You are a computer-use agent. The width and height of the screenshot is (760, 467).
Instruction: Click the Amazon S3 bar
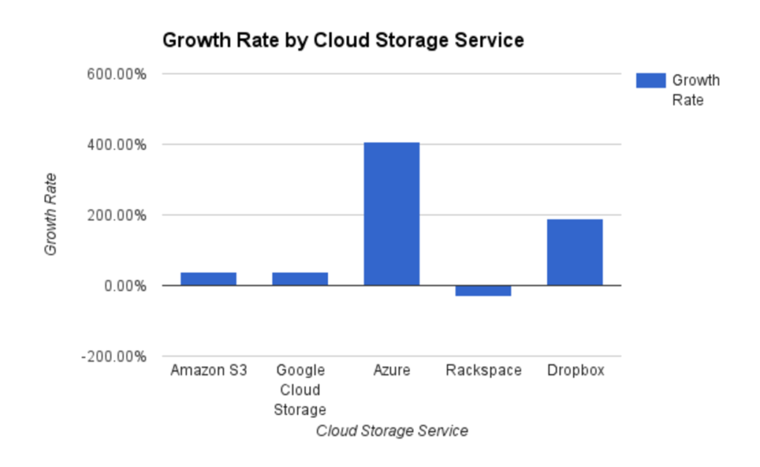[208, 278]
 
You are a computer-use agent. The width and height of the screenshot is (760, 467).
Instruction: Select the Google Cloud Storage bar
[300, 278]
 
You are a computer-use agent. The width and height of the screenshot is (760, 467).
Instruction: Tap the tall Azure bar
[391, 214]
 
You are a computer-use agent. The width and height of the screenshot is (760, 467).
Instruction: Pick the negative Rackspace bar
[483, 291]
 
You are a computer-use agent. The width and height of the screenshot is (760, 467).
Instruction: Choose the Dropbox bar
[574, 252]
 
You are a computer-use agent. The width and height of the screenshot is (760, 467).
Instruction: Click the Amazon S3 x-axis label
[209, 370]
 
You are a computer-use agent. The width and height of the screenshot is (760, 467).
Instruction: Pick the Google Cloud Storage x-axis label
[300, 390]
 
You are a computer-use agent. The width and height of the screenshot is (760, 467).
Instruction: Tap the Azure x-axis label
[392, 370]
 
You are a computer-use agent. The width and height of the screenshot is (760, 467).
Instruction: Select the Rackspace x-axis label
[484, 370]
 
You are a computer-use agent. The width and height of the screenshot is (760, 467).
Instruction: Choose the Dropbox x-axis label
[575, 370]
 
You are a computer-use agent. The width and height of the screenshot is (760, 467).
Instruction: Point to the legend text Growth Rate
[695, 90]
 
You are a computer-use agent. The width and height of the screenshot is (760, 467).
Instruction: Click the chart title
[343, 40]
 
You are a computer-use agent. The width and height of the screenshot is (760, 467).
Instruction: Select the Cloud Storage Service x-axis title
[392, 431]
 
